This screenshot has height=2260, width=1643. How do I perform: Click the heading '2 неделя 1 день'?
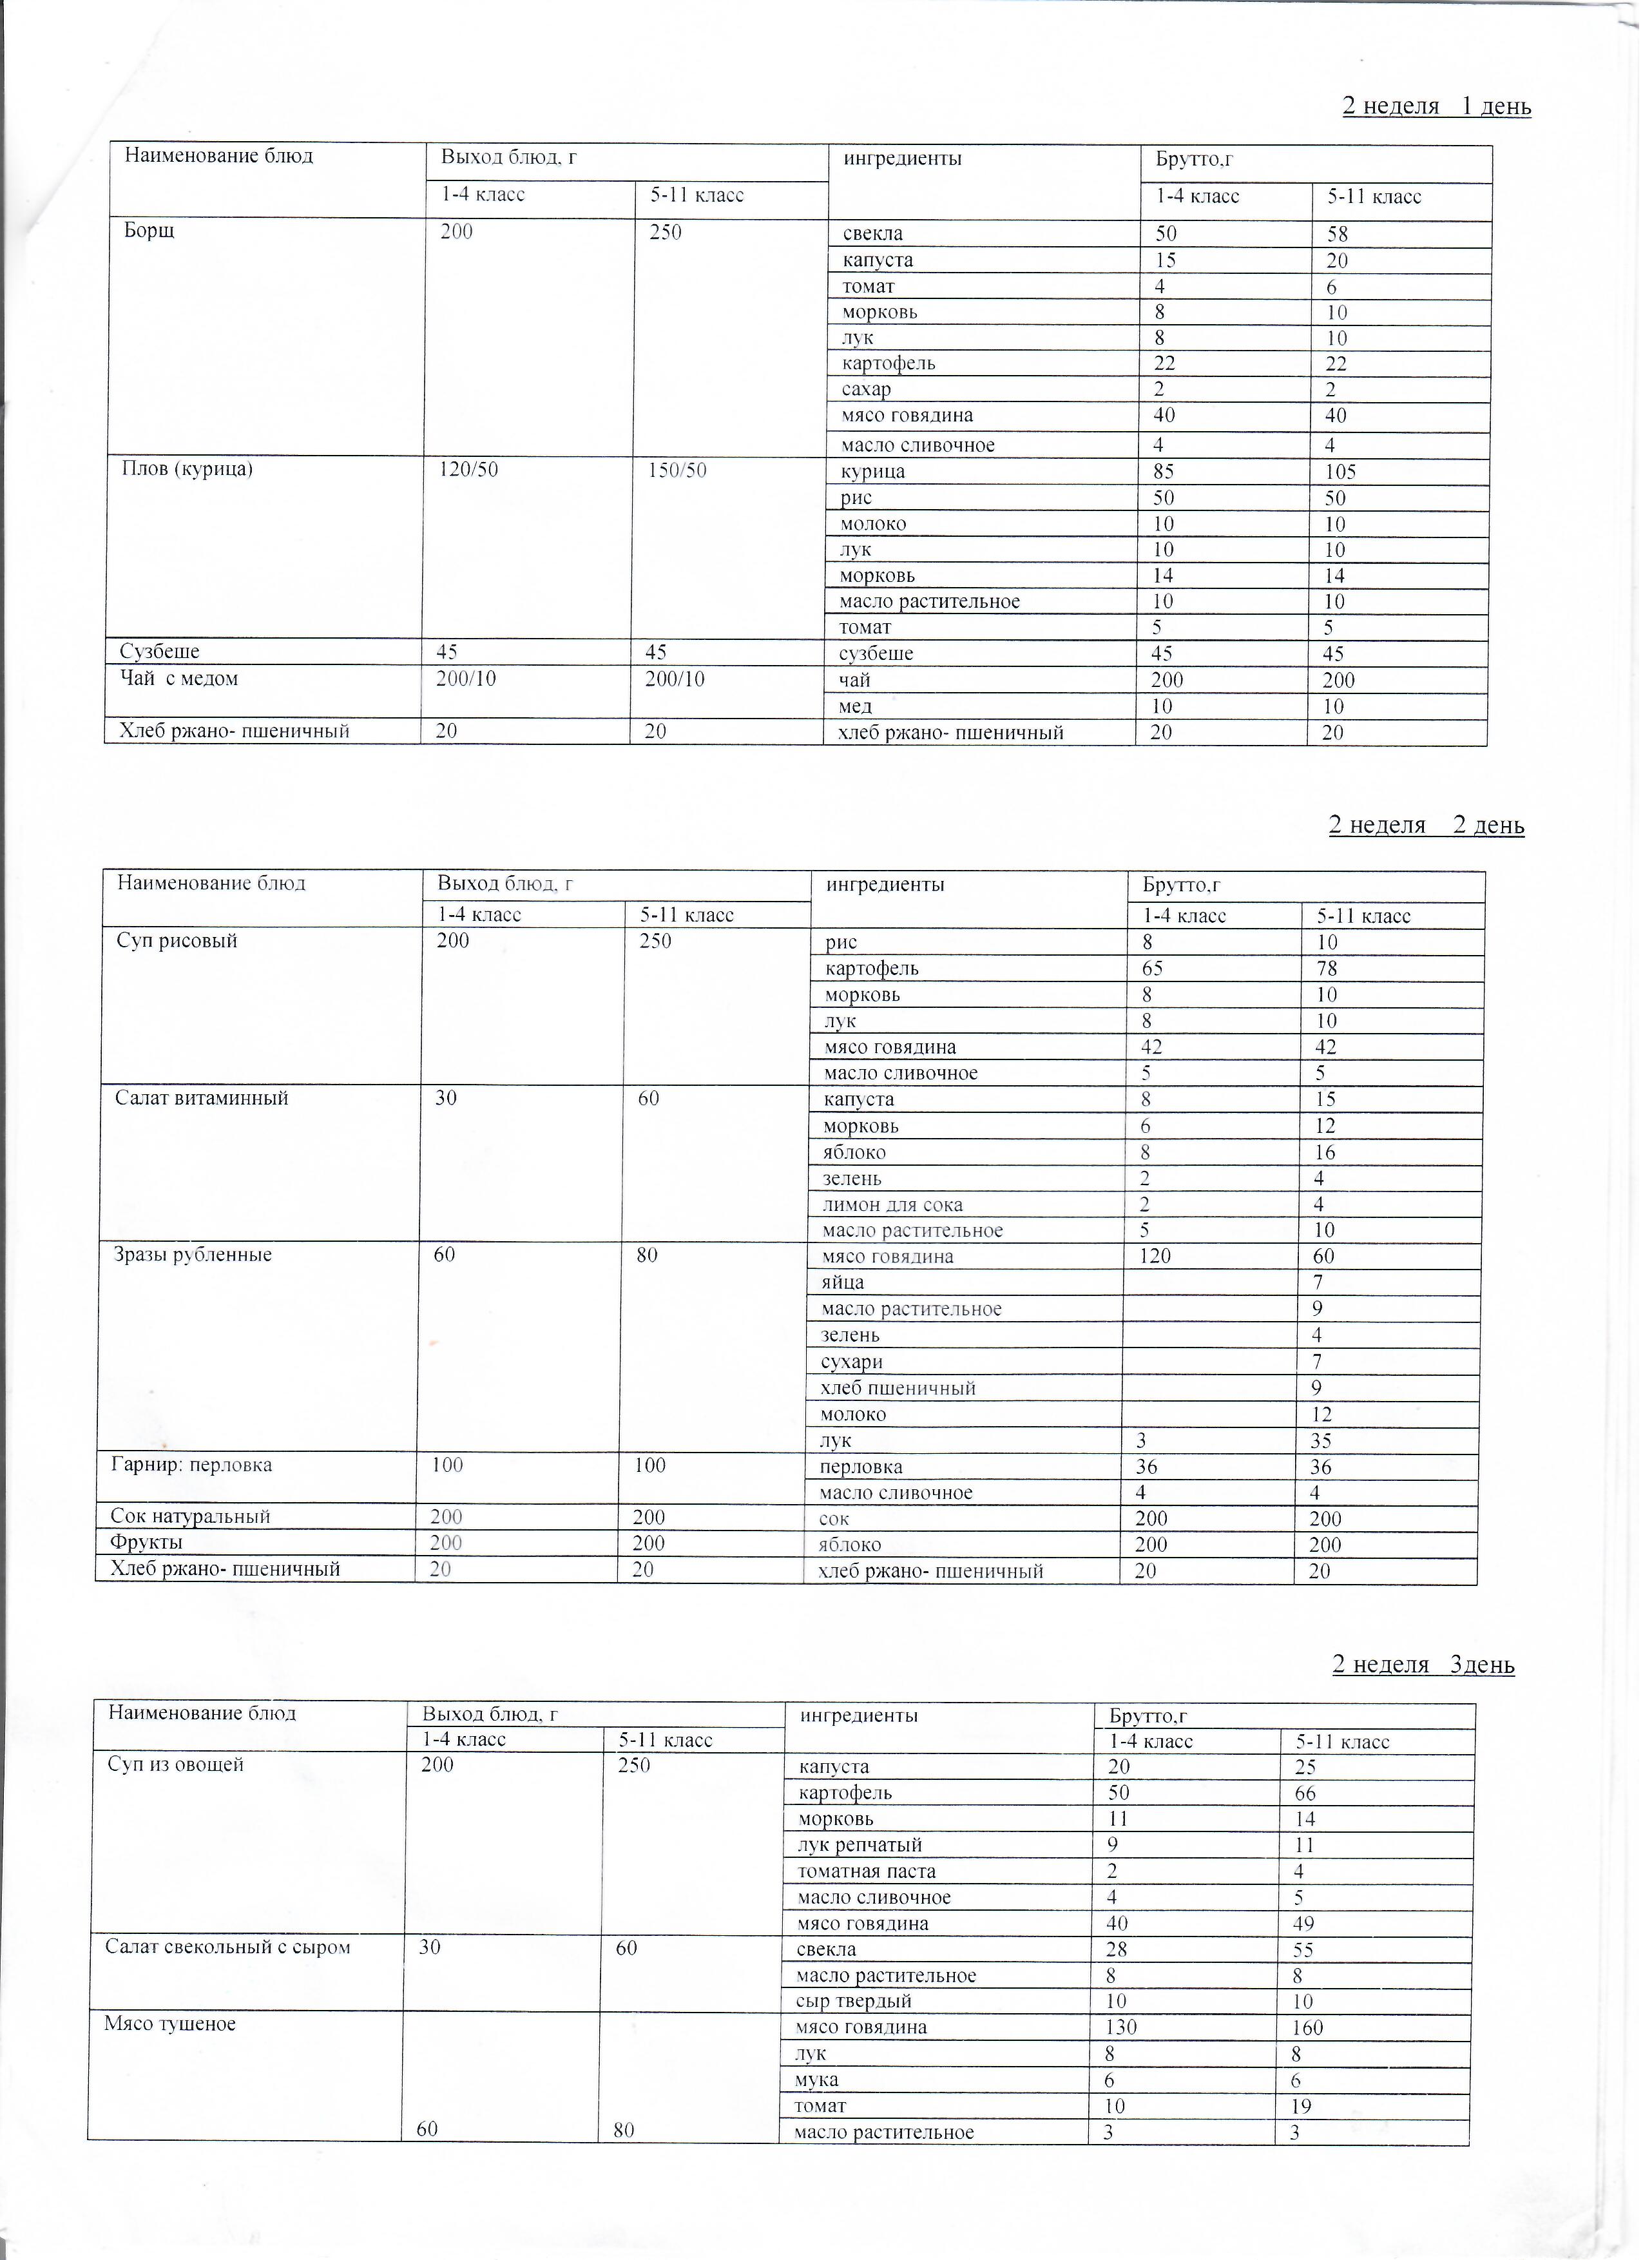[1436, 106]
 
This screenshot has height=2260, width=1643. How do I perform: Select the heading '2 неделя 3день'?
[1423, 1665]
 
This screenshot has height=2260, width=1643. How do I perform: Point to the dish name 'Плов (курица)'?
[187, 468]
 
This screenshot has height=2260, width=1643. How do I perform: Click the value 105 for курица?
[1340, 472]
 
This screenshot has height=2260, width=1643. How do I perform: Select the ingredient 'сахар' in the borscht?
[866, 390]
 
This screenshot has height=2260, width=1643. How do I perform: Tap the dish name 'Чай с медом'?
[179, 679]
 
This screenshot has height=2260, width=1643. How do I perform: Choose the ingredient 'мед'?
[857, 706]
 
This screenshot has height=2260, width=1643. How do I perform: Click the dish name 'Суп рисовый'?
[177, 941]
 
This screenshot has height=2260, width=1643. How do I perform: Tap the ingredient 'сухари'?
[852, 1362]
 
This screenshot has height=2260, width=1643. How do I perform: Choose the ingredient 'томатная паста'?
[867, 1871]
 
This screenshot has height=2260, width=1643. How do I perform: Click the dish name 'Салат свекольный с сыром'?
[227, 1947]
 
